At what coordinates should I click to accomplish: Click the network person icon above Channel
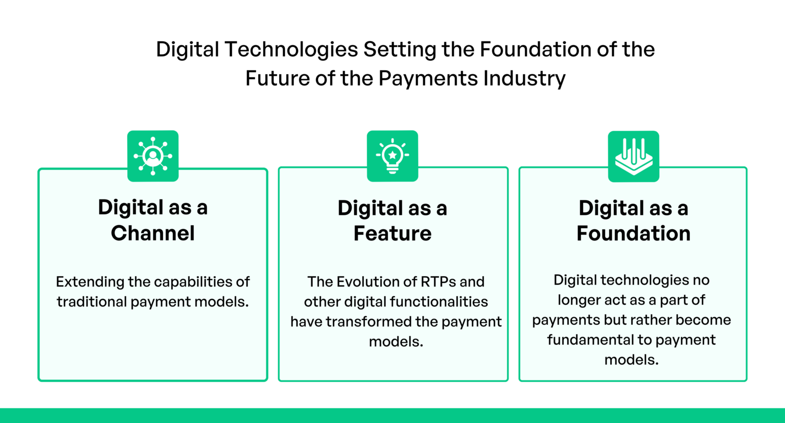[153, 156]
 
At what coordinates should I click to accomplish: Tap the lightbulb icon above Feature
[392, 156]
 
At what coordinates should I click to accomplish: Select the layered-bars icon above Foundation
[633, 156]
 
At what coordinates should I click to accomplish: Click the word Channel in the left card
[153, 233]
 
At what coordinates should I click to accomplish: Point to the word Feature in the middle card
[392, 234]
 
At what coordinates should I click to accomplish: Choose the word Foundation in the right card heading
[633, 234]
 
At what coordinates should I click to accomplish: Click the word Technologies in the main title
[291, 50]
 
